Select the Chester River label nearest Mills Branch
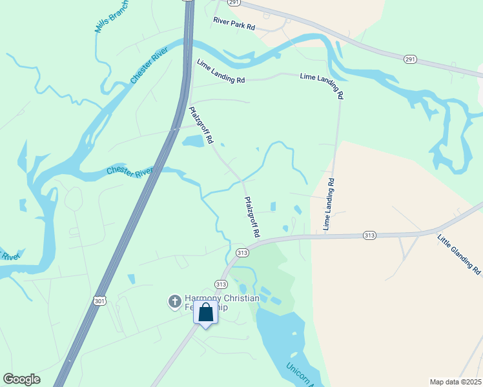[150, 66]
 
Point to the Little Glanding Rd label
[458, 254]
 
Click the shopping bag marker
[206, 313]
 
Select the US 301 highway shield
[99, 301]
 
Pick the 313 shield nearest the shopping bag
[221, 284]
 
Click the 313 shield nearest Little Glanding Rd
[369, 235]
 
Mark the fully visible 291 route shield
[411, 59]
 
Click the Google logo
[21, 379]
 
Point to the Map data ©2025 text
[455, 382]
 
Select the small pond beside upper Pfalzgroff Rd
[193, 141]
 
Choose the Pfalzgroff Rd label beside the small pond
[201, 125]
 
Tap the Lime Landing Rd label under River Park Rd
[221, 71]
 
